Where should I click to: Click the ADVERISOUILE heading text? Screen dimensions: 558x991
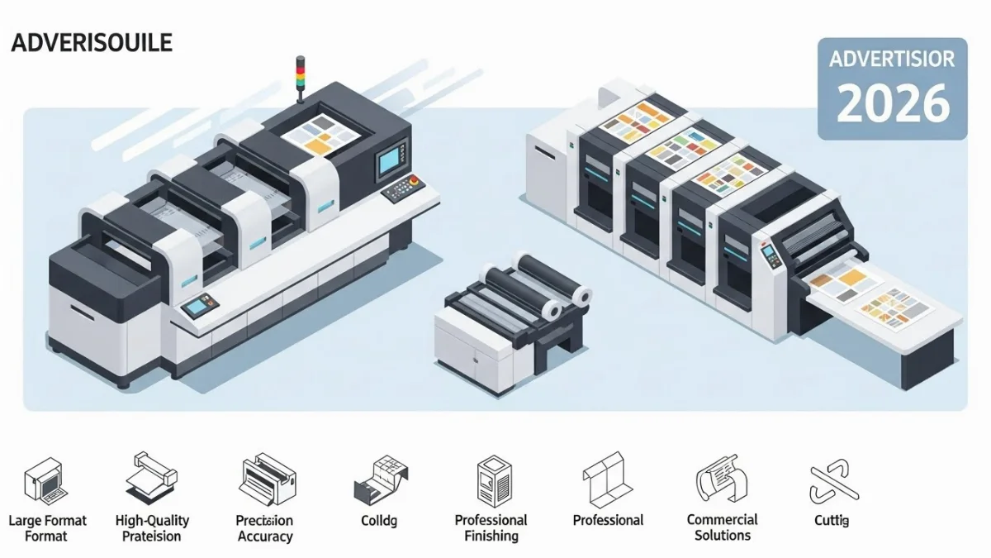coord(92,43)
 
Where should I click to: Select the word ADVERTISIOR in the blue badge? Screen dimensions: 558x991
coord(892,60)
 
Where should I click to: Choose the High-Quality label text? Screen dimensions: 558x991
coord(152,521)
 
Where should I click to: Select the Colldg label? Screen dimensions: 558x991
coord(378,521)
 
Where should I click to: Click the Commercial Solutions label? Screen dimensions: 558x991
coord(722,527)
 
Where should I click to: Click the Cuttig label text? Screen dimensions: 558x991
coord(830,521)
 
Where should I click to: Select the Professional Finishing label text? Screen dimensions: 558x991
coord(491,527)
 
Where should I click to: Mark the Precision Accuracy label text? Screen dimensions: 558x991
coord(264,528)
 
